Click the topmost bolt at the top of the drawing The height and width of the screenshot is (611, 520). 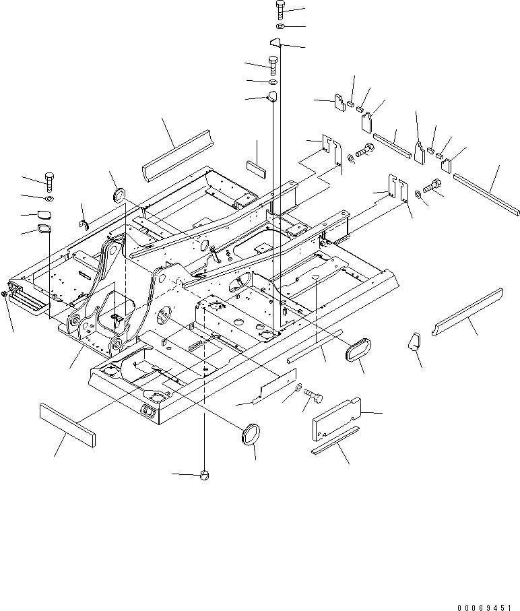[x=280, y=10]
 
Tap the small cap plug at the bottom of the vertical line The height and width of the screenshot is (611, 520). [x=205, y=476]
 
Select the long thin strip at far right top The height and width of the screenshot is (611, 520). [x=486, y=195]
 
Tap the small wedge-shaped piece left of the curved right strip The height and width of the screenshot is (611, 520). [x=414, y=341]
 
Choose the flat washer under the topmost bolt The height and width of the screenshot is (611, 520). [x=280, y=27]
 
